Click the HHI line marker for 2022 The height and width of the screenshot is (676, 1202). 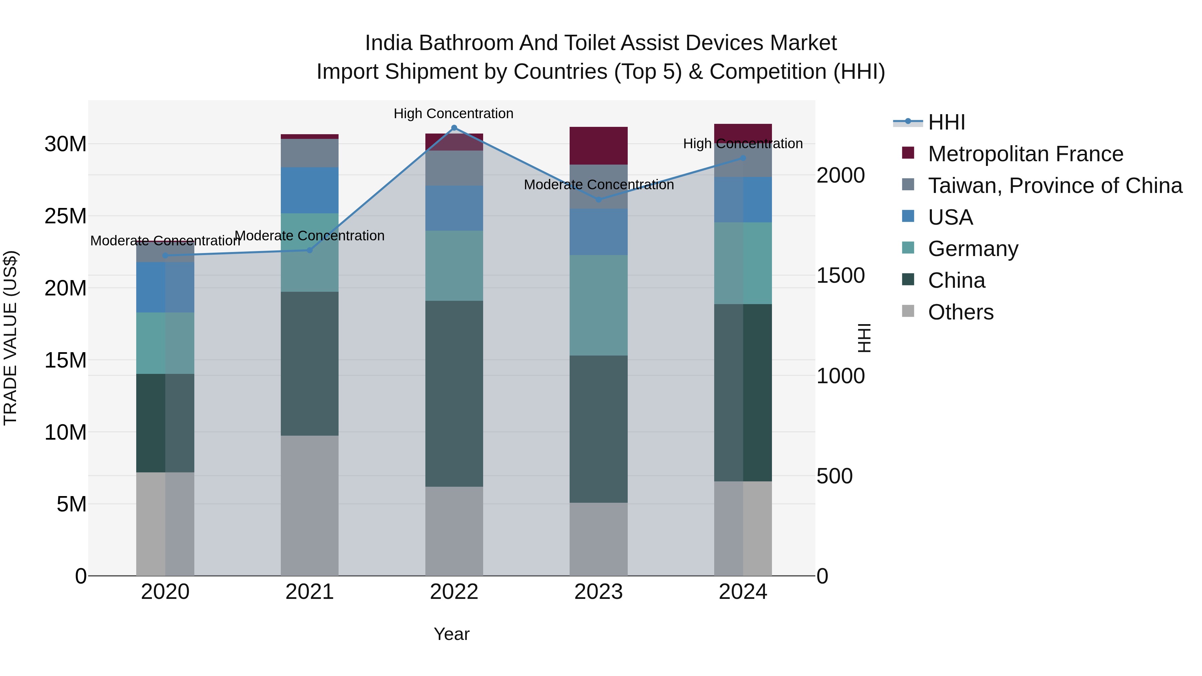tap(454, 128)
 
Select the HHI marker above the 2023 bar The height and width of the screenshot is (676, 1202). tap(599, 200)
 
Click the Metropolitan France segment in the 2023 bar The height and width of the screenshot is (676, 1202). tap(598, 146)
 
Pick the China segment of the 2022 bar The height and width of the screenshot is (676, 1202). tap(454, 394)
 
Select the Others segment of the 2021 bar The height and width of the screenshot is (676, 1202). tap(310, 505)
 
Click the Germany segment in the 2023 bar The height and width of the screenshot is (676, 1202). tap(598, 305)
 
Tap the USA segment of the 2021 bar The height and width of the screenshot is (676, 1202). tap(310, 190)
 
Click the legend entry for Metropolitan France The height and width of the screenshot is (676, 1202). tap(1025, 154)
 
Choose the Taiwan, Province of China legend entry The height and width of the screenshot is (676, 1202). tap(1054, 186)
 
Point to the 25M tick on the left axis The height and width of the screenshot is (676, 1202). tap(65, 216)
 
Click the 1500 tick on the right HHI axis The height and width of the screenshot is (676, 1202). tap(840, 275)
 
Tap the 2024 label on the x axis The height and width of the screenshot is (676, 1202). tap(743, 592)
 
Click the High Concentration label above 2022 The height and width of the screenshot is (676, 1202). tap(453, 114)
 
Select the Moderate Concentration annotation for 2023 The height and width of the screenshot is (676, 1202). tap(599, 185)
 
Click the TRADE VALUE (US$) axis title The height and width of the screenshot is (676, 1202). tap(10, 338)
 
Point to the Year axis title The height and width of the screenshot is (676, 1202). tap(451, 634)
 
